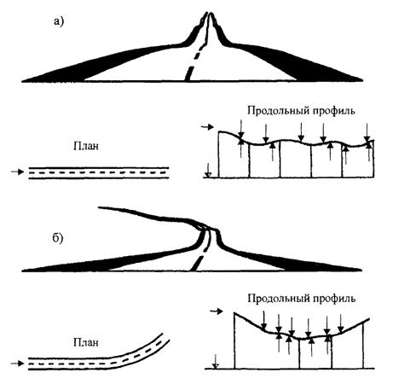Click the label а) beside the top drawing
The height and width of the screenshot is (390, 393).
[59, 21]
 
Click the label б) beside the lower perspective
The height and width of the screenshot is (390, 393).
[58, 238]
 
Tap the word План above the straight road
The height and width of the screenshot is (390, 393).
[86, 146]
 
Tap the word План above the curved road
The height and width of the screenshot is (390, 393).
[86, 342]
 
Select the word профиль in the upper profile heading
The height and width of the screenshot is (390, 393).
[334, 111]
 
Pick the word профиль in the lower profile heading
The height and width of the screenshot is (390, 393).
[334, 299]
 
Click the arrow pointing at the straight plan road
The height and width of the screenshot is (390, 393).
[17, 172]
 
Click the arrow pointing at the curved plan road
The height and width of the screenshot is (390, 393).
[17, 364]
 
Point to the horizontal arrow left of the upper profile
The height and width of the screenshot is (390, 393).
[207, 127]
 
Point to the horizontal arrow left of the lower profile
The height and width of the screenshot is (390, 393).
[216, 311]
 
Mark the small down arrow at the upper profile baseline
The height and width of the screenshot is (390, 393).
[208, 170]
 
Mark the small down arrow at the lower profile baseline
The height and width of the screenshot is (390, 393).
[216, 361]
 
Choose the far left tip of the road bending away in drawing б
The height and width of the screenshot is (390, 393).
[99, 207]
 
